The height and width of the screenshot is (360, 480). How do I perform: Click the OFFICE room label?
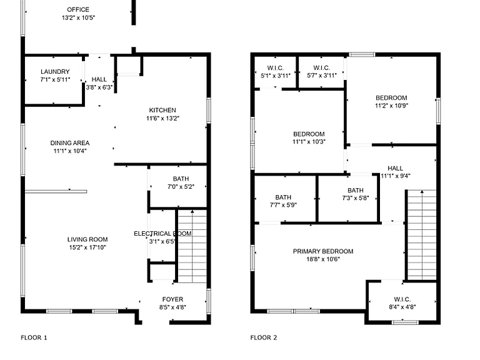pyautogui.click(x=78, y=10)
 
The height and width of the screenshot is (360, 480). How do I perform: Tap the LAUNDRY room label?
pyautogui.click(x=55, y=72)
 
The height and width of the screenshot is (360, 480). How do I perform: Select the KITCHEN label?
pyautogui.click(x=162, y=110)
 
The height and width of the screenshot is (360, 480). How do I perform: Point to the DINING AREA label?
pyautogui.click(x=70, y=143)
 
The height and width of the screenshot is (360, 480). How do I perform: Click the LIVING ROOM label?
pyautogui.click(x=87, y=239)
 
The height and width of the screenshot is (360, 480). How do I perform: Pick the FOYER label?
pyautogui.click(x=172, y=299)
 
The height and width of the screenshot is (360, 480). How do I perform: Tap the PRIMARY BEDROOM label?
pyautogui.click(x=323, y=251)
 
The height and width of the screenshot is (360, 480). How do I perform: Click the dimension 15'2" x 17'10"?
pyautogui.click(x=87, y=247)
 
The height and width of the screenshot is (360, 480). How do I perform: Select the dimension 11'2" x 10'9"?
pyautogui.click(x=391, y=106)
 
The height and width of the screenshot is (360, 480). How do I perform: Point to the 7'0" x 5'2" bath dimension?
pyautogui.click(x=181, y=187)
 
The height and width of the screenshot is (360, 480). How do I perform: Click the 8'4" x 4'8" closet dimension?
pyautogui.click(x=402, y=307)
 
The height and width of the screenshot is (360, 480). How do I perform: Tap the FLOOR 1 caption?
pyautogui.click(x=34, y=337)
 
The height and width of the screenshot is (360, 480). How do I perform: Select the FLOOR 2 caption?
pyautogui.click(x=264, y=337)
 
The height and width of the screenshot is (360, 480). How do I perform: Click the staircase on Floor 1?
pyautogui.click(x=192, y=246)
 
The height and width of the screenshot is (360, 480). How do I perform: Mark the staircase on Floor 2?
pyautogui.click(x=422, y=235)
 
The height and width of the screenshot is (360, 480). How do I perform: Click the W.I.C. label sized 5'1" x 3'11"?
pyautogui.click(x=276, y=68)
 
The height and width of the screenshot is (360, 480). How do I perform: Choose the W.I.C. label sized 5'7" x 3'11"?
pyautogui.click(x=322, y=68)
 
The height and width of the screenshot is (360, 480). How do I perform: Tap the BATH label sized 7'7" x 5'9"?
pyautogui.click(x=283, y=197)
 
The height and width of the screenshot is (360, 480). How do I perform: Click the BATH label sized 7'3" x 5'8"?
pyautogui.click(x=356, y=191)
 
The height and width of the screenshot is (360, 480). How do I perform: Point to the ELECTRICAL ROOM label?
pyautogui.click(x=162, y=234)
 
